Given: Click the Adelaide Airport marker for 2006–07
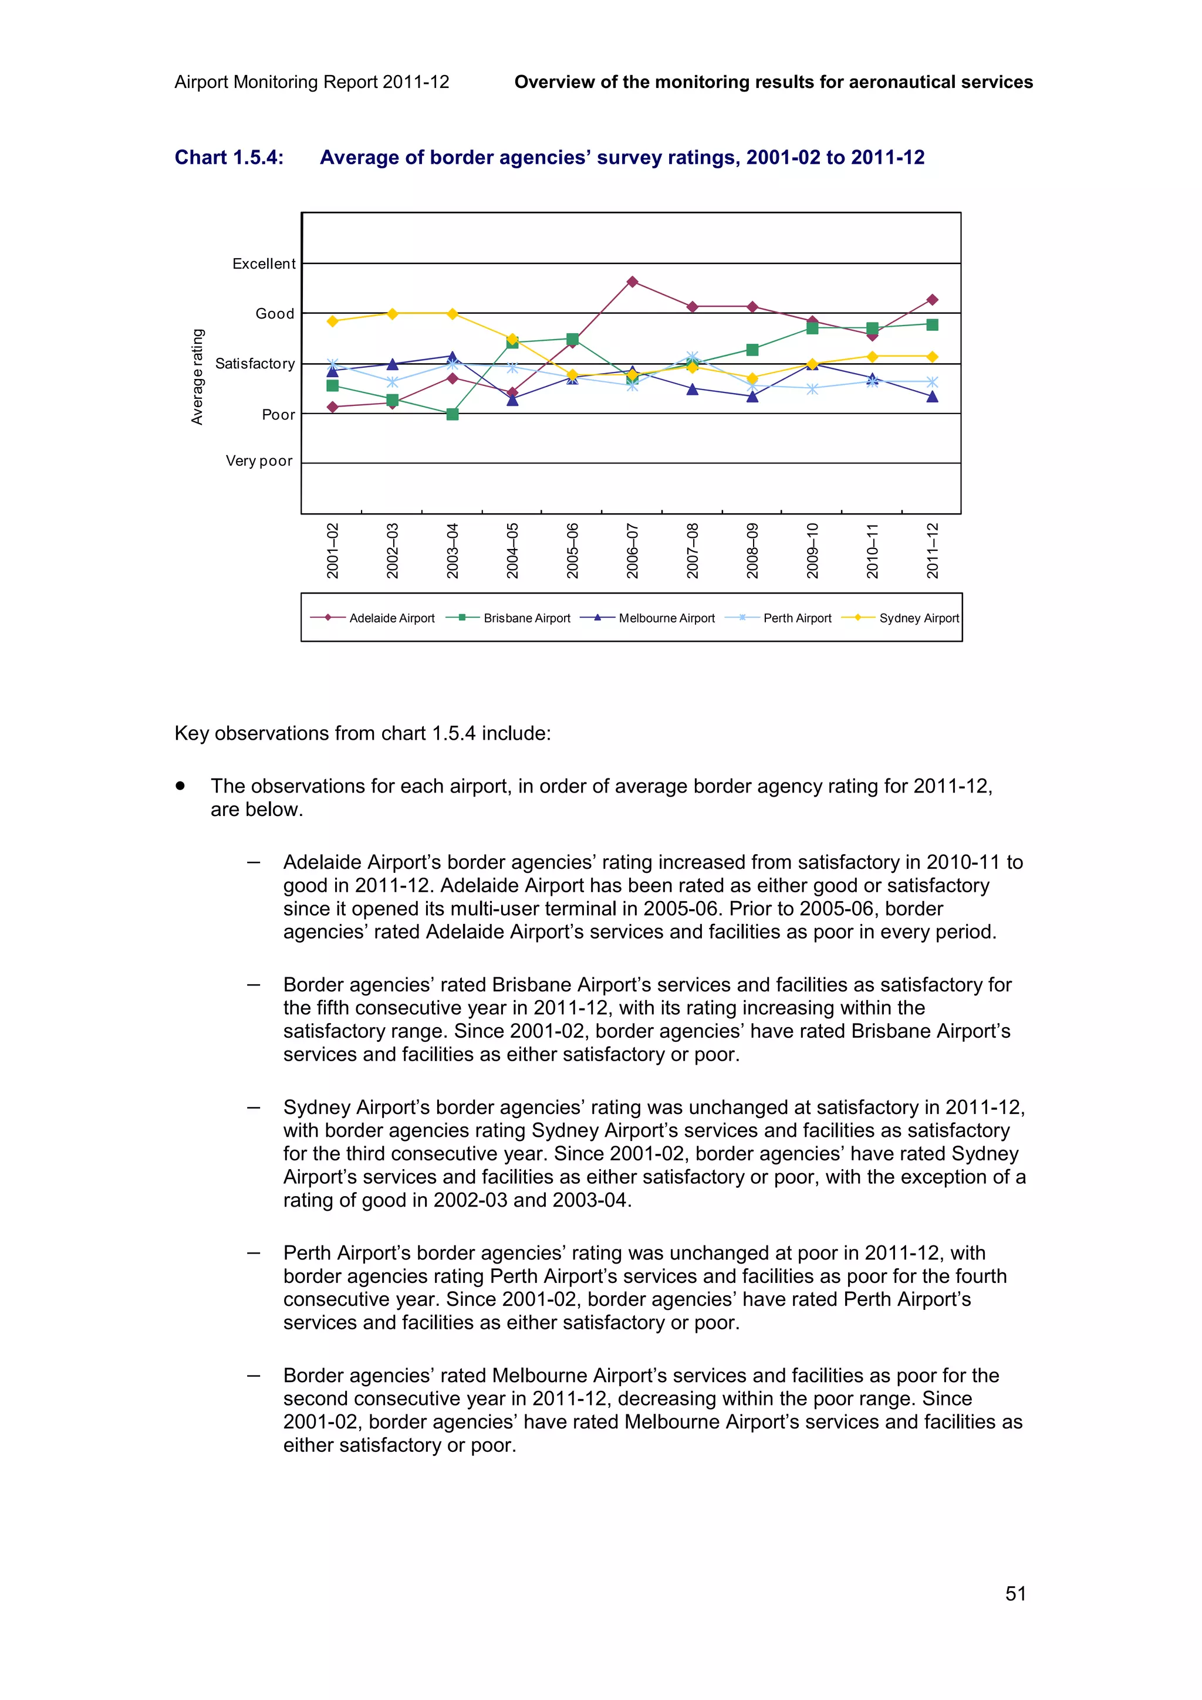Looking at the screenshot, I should click(632, 282).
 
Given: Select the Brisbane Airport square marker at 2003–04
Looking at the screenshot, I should click(453, 414).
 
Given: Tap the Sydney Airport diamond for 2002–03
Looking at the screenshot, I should click(393, 313).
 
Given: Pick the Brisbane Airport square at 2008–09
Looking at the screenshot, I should click(752, 350).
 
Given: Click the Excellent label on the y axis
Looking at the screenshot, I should click(264, 263).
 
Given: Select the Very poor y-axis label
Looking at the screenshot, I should click(259, 460).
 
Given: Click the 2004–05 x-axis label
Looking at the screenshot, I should click(512, 550).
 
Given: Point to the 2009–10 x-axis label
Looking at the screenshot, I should click(812, 550).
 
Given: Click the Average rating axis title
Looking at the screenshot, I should click(197, 376).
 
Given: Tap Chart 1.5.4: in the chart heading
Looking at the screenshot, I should click(229, 158).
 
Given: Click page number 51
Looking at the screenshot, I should click(1015, 1593).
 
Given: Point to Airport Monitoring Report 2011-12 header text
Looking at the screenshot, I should click(312, 82).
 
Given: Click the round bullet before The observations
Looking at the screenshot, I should click(180, 785).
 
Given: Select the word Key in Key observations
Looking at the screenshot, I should click(191, 733).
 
